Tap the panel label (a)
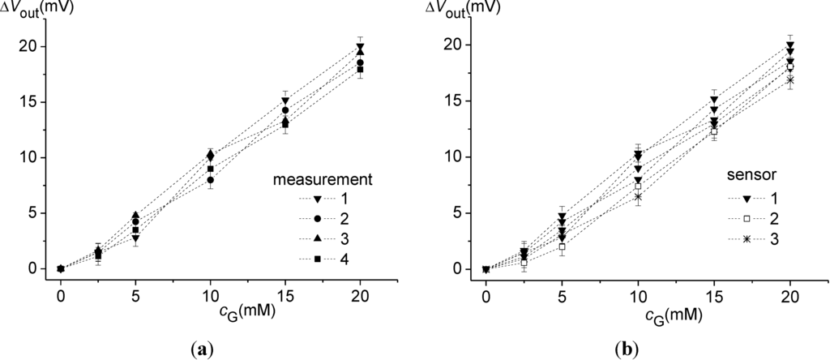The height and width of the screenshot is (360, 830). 195,349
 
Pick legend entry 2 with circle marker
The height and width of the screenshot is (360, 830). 332,219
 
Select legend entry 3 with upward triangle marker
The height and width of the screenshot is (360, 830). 332,239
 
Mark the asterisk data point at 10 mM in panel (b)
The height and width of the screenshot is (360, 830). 638,197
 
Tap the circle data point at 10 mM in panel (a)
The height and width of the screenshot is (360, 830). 210,180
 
